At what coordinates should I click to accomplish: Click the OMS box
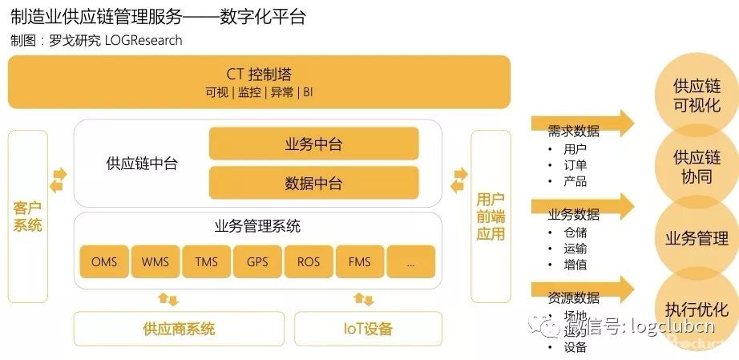pos(104,261)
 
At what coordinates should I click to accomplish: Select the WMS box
pos(155,261)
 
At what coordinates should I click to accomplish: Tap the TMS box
pos(206,261)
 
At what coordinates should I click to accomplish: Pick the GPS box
pos(257,261)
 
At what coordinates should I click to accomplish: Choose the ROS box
pos(309,261)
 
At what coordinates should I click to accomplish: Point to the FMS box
pos(360,261)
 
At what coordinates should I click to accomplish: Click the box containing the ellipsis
pos(410,261)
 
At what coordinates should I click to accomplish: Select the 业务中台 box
pos(313,144)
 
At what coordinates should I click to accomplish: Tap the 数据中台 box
pos(313,183)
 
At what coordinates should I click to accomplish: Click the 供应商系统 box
pos(179,329)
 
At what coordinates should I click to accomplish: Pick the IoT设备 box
pos(368,329)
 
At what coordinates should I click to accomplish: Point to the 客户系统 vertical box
pos(27,216)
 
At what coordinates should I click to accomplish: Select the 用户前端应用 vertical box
pos(491,216)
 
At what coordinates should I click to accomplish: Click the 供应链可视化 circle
pos(696,95)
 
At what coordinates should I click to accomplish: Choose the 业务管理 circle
pos(697,238)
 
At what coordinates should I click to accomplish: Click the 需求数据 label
pos(573,131)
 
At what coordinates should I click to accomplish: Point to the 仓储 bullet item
pos(575,233)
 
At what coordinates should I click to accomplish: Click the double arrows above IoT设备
pos(364,300)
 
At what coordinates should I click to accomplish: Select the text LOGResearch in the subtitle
pos(143,40)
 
